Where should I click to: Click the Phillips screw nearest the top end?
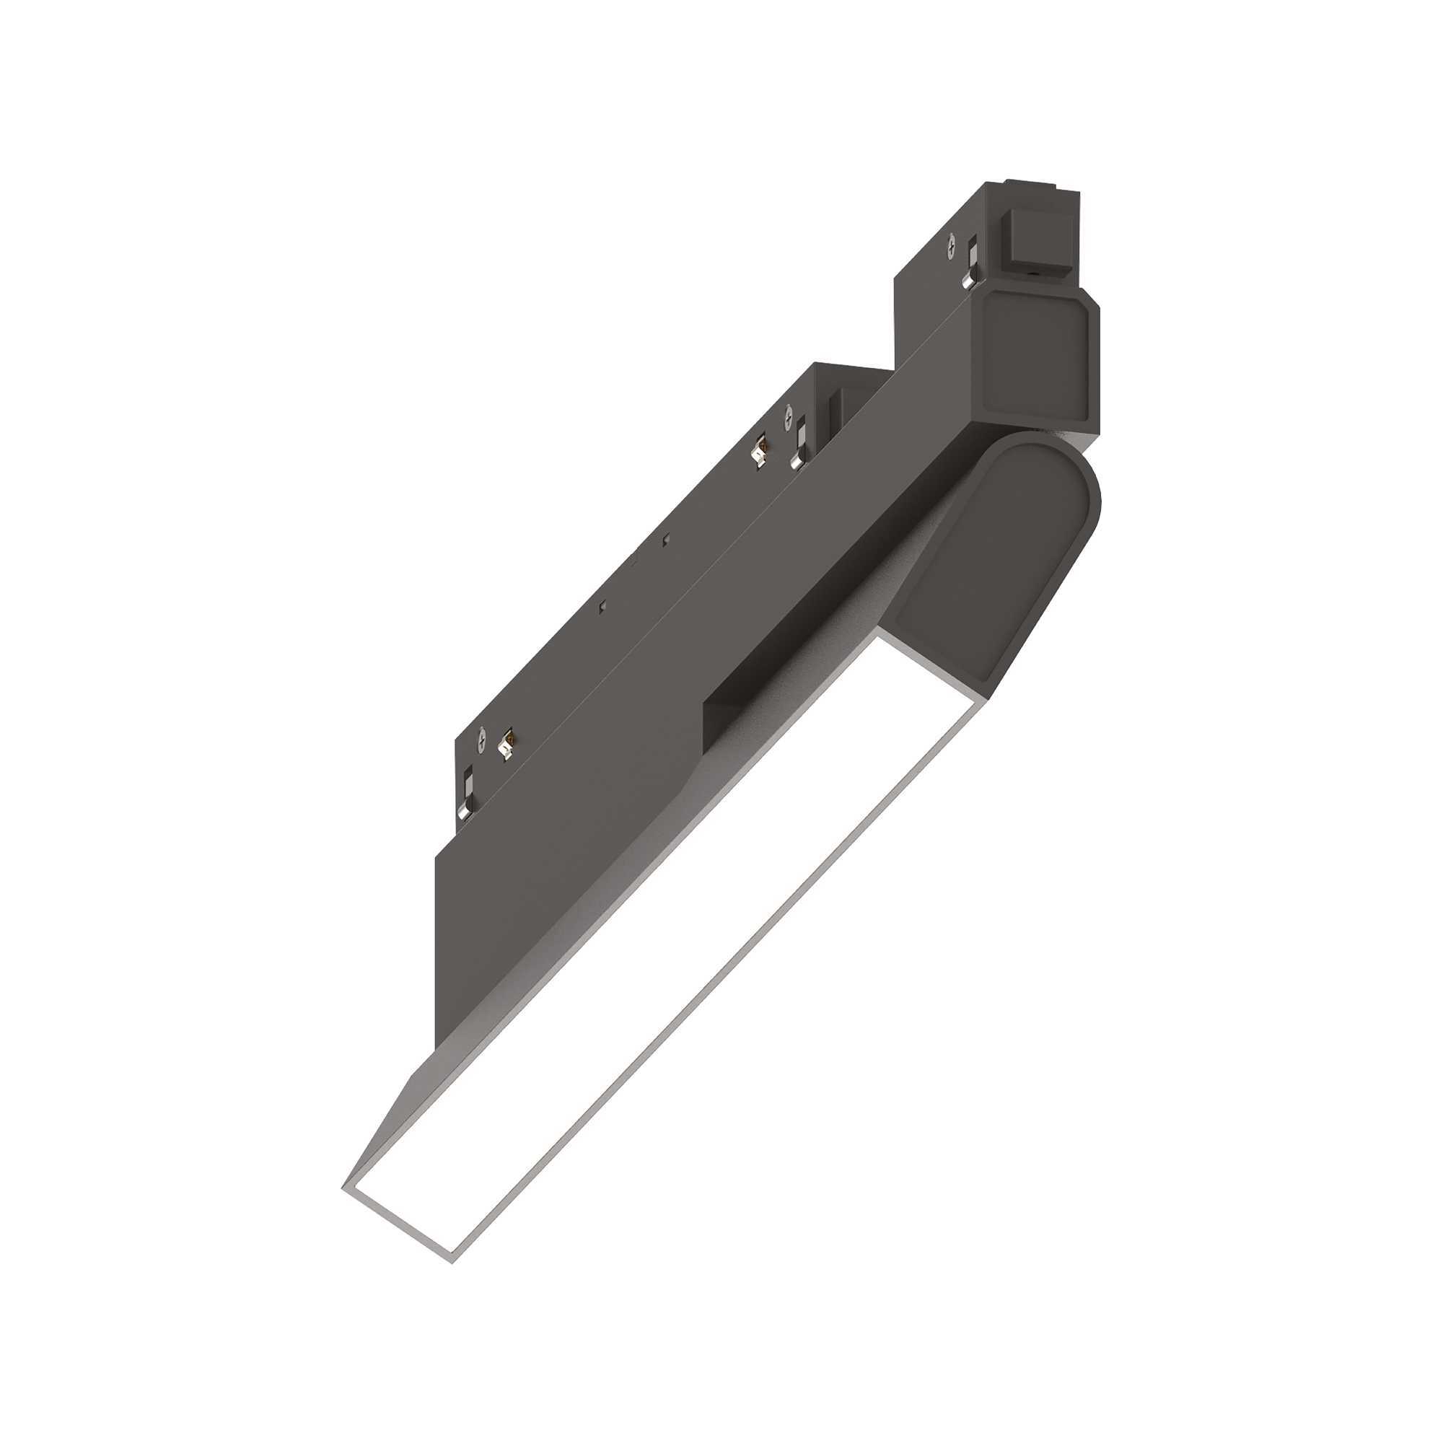coord(952,247)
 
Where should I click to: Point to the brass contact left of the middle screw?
coord(761,452)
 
